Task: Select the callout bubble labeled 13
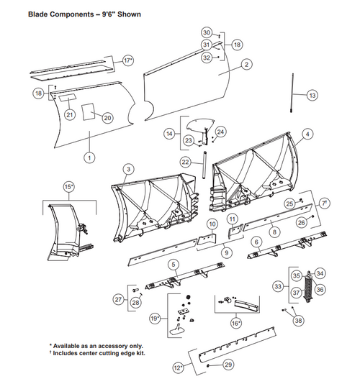(311, 95)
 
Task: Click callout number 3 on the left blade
(127, 168)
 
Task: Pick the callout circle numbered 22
(184, 163)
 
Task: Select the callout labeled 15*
(69, 186)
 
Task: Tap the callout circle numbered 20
(107, 117)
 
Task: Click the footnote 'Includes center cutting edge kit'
(97, 353)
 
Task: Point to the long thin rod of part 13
(294, 91)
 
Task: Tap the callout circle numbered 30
(206, 33)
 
